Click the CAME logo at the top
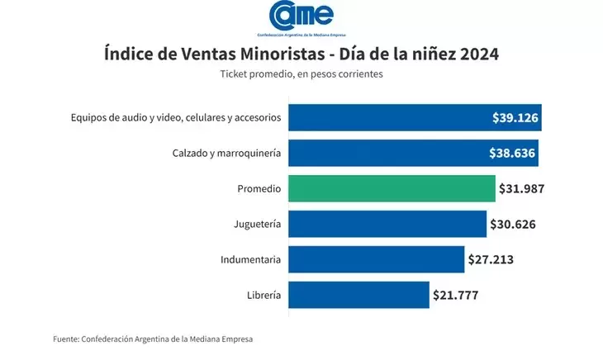tap(301, 18)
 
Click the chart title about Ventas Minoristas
tap(301, 54)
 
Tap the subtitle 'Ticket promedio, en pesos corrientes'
tap(301, 74)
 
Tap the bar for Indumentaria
tap(376, 259)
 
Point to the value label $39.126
tap(515, 117)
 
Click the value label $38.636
tap(515, 153)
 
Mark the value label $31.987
tap(521, 188)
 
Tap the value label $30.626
tap(513, 224)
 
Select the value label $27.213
tap(491, 259)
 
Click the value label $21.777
tap(455, 295)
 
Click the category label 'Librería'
tap(264, 295)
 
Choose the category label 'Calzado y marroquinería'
tap(226, 153)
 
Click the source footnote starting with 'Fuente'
tap(153, 339)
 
